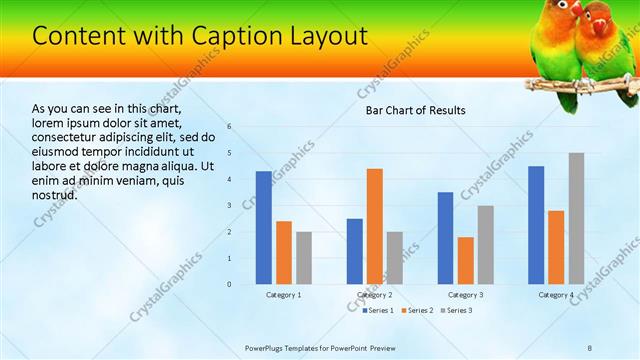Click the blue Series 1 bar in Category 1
point(264,228)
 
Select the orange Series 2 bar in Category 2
point(374,226)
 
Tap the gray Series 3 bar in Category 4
point(576,218)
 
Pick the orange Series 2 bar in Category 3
point(465,260)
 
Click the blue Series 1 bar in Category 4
point(536,225)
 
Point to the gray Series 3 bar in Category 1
point(304,258)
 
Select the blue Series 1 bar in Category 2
point(355,251)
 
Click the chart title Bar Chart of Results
point(415,110)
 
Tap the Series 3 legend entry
point(455,311)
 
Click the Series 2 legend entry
point(416,311)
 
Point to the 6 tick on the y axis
point(229,127)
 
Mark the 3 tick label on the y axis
point(229,205)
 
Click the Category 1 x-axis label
point(284,295)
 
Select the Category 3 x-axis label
point(465,295)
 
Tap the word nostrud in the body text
point(55,194)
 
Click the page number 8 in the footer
point(589,347)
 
